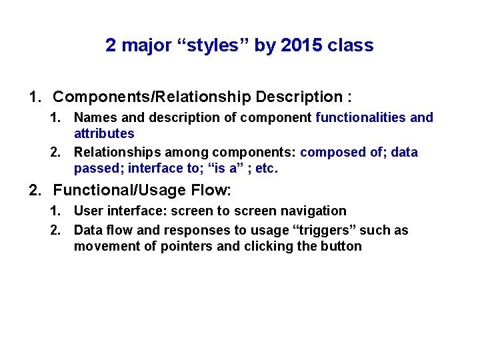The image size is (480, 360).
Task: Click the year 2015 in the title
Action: (x=300, y=45)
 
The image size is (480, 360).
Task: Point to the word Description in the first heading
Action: (x=297, y=97)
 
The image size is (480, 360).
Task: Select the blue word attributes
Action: (x=104, y=133)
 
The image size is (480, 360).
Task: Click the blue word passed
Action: (x=97, y=168)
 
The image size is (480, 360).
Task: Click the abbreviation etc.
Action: (x=266, y=168)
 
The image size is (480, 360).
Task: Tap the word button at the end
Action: (x=341, y=246)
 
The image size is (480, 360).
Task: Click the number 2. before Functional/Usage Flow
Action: (x=35, y=190)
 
